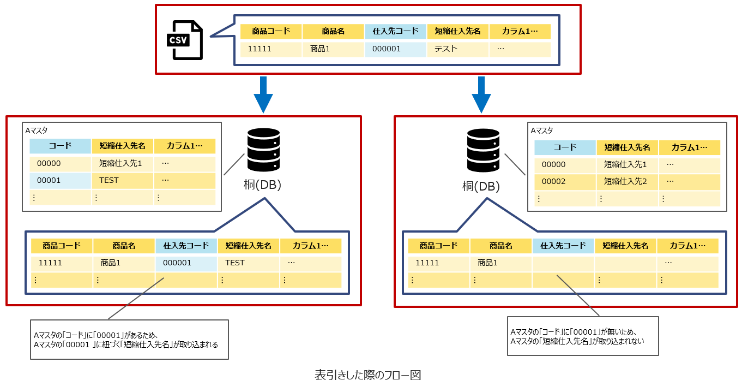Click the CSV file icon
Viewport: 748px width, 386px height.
click(184, 40)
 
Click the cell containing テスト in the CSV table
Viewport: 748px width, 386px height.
click(457, 49)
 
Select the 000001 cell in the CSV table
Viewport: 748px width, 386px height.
click(395, 49)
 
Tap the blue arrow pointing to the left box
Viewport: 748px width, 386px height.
click(263, 94)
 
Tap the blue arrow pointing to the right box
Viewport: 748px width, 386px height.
click(481, 94)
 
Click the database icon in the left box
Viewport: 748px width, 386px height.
click(263, 150)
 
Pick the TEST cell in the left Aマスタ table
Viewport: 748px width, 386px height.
click(123, 181)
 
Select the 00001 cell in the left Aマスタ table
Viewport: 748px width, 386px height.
click(61, 181)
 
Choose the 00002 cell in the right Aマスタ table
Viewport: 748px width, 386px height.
click(565, 181)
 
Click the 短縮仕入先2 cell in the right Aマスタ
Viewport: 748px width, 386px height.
click(628, 181)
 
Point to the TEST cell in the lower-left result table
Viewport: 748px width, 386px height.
click(249, 263)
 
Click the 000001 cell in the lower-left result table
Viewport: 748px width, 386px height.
click(186, 263)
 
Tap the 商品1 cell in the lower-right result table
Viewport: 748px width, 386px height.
click(501, 263)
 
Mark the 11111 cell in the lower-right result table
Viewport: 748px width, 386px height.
click(438, 263)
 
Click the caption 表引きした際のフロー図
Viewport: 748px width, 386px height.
click(368, 376)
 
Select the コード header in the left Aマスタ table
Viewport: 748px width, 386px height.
click(61, 146)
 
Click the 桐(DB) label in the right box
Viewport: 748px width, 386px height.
click(481, 187)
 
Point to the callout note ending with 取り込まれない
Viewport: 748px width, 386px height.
click(582, 336)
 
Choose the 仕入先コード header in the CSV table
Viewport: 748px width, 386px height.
click(395, 32)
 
